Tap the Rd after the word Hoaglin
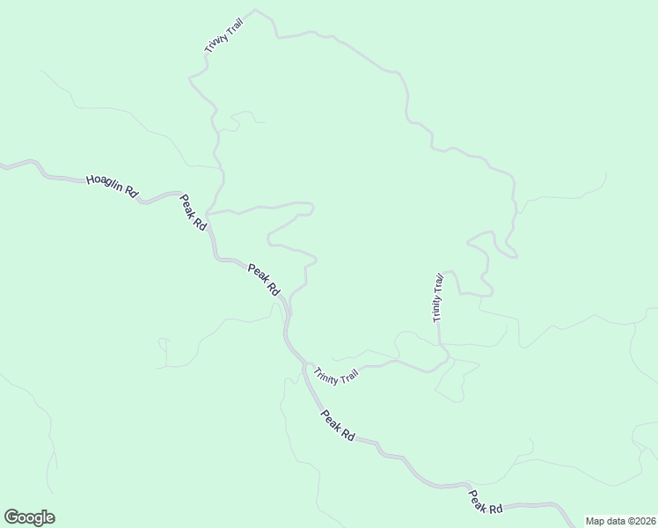[x=132, y=191]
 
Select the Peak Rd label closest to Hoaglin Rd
[x=194, y=212]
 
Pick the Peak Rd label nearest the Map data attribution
[x=485, y=502]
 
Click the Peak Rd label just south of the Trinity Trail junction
[x=337, y=425]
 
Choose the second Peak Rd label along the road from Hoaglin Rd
[x=263, y=279]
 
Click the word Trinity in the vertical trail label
[x=437, y=308]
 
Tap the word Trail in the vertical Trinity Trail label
[x=439, y=283]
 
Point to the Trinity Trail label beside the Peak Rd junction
[x=336, y=375]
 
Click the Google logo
[x=29, y=517]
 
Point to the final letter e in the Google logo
[x=49, y=518]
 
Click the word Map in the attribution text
[x=595, y=521]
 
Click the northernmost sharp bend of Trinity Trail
[x=255, y=11]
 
